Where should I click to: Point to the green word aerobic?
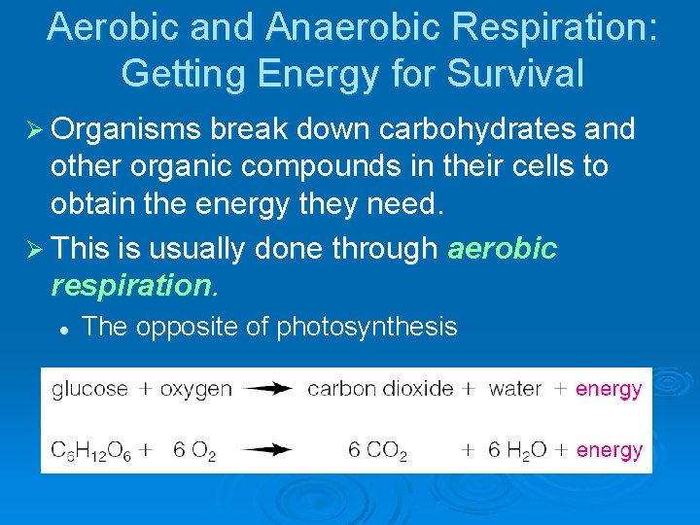click(x=502, y=250)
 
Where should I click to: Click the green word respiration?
click(x=130, y=287)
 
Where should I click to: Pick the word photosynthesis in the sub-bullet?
click(x=367, y=327)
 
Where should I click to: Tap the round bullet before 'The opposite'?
click(x=61, y=330)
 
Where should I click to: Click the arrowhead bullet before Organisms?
click(x=30, y=129)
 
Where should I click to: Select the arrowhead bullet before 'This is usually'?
click(x=30, y=250)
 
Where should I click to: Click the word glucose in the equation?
click(x=89, y=390)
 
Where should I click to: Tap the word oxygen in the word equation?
click(x=196, y=390)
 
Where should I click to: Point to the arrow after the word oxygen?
click(x=268, y=389)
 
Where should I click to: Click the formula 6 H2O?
click(x=517, y=450)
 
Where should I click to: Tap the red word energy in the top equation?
click(x=609, y=390)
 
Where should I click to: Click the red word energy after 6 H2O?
click(x=610, y=450)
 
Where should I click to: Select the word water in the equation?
click(x=515, y=390)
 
